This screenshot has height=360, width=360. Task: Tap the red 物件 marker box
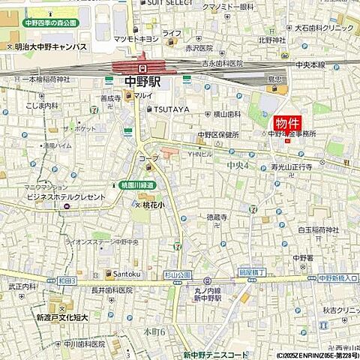[x=286, y=123]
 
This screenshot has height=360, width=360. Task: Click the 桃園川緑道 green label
[x=136, y=184]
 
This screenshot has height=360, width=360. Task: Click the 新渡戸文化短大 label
[x=62, y=317]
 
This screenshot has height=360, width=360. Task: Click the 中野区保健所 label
[x=218, y=135]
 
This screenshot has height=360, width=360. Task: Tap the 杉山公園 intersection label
[x=178, y=275]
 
